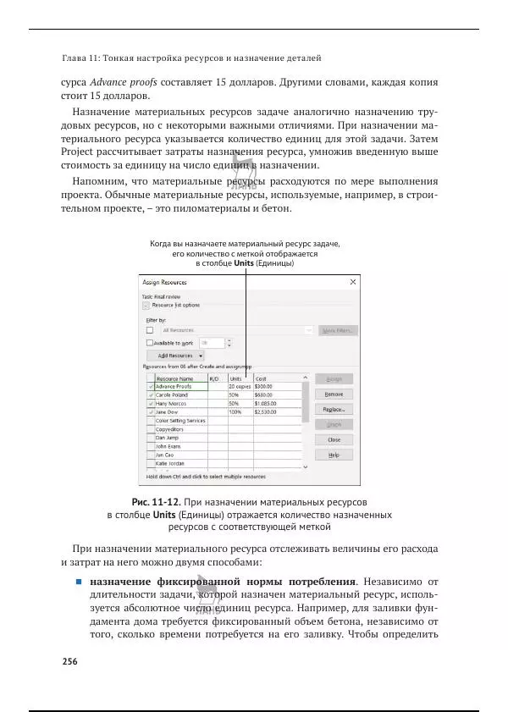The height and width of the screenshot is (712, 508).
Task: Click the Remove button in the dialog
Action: pos(334,394)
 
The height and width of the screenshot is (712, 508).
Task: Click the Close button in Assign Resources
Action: pos(334,439)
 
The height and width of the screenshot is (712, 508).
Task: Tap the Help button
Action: pos(334,455)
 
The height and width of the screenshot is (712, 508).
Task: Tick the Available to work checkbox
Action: pos(150,343)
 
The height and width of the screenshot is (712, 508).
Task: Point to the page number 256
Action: pos(70,661)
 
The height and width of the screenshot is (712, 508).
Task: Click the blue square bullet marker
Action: pos(77,582)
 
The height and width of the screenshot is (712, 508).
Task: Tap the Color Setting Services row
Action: pos(180,421)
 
